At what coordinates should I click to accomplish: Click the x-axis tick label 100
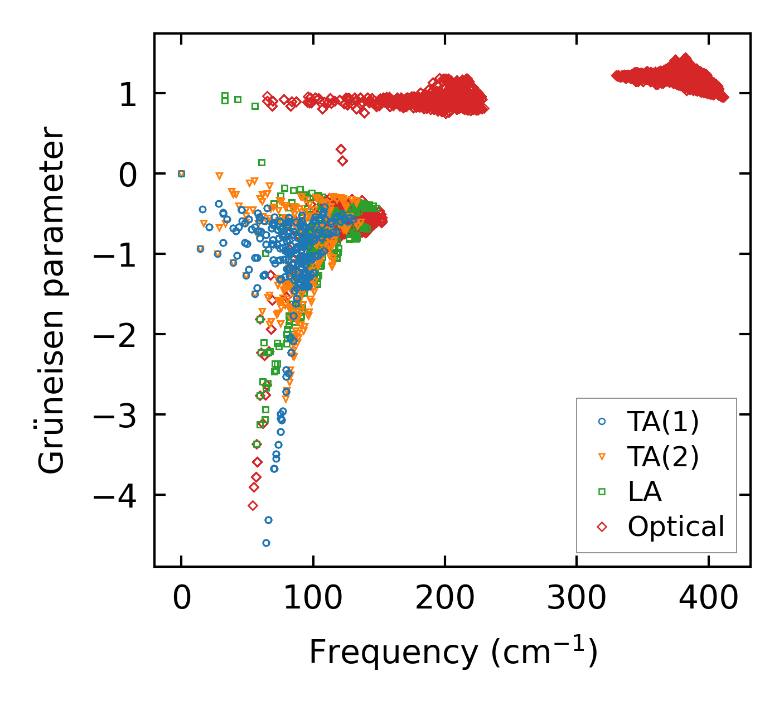click(x=313, y=599)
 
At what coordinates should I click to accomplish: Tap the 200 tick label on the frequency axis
click(x=444, y=599)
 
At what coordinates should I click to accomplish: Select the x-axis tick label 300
click(x=576, y=599)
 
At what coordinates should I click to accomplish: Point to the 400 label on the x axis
click(x=708, y=599)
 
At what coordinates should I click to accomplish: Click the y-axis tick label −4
click(x=114, y=495)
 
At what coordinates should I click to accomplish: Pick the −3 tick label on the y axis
click(x=114, y=415)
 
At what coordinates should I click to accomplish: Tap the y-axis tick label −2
click(x=114, y=335)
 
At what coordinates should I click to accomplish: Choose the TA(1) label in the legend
click(x=662, y=422)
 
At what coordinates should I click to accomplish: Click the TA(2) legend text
click(x=662, y=457)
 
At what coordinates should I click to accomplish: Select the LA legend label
click(x=645, y=491)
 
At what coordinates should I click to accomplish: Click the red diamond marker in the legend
click(x=602, y=526)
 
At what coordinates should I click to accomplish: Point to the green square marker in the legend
click(x=602, y=491)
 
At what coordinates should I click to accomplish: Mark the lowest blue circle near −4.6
click(x=266, y=543)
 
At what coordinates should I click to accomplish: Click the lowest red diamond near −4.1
click(x=253, y=505)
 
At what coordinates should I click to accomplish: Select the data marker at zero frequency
click(x=181, y=173)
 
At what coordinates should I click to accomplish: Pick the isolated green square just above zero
click(x=262, y=162)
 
